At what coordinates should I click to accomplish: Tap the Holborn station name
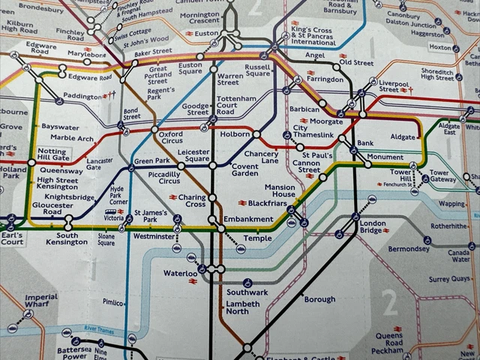(235, 133)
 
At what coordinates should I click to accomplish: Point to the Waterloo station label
(180, 274)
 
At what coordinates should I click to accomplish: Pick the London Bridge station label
(373, 227)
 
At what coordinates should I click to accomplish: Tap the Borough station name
(319, 299)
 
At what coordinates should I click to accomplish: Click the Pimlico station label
(113, 302)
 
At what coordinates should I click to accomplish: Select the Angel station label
(316, 55)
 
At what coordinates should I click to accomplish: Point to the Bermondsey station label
(409, 248)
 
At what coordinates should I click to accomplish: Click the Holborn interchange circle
(256, 134)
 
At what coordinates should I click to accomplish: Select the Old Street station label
(355, 63)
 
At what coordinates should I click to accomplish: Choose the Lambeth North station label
(241, 307)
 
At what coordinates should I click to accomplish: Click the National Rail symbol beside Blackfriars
(242, 202)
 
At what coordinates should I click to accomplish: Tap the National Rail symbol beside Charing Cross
(172, 196)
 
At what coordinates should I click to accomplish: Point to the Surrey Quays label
(448, 279)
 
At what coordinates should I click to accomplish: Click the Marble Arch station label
(72, 138)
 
